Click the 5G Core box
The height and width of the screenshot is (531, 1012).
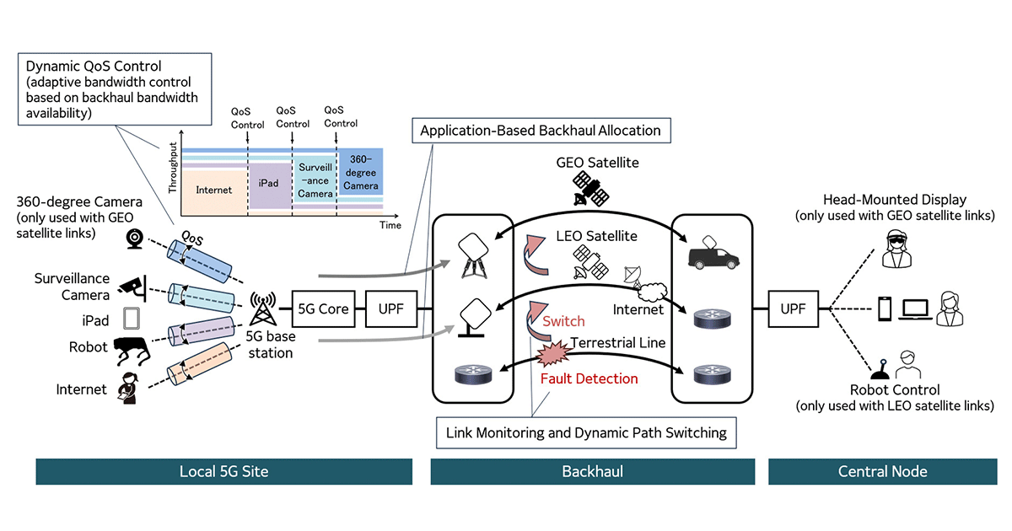click(323, 309)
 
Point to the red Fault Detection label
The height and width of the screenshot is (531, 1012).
click(589, 379)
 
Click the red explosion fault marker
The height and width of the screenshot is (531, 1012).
click(552, 349)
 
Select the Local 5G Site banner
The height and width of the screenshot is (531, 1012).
click(224, 471)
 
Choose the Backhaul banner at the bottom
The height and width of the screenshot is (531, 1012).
click(592, 471)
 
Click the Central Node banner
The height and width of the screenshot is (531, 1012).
click(881, 471)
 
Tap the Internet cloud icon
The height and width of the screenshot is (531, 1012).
click(651, 292)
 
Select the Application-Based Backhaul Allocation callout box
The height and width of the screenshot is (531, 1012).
click(541, 131)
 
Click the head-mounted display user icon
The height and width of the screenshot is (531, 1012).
click(895, 251)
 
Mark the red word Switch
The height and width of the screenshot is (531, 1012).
click(563, 321)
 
